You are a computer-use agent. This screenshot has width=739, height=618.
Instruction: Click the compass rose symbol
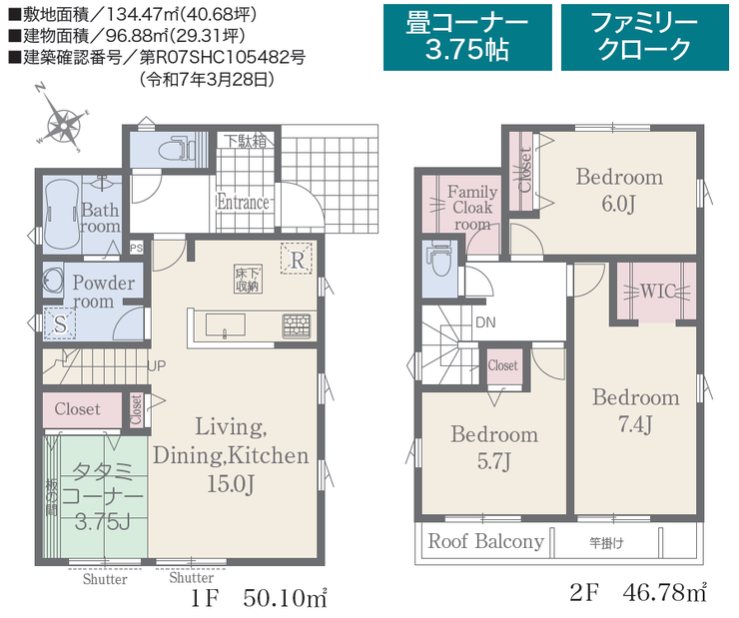[x=62, y=125]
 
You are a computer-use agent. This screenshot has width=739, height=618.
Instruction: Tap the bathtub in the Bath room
[x=61, y=215]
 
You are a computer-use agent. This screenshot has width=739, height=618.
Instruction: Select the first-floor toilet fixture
[x=176, y=150]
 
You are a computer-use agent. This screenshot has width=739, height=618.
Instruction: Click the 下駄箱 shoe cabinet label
[x=245, y=140]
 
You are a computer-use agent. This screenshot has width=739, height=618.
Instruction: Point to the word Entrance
[x=244, y=202]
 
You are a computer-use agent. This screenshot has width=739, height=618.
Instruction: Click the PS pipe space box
[x=137, y=248]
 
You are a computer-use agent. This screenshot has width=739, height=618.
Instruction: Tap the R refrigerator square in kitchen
[x=297, y=259]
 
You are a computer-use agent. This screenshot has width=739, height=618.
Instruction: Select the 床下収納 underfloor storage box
[x=248, y=279]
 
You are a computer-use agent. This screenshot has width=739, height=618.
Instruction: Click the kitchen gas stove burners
[x=296, y=325]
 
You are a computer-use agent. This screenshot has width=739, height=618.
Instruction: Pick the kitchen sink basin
[x=226, y=325]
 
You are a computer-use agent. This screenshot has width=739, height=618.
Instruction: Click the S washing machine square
[x=60, y=323]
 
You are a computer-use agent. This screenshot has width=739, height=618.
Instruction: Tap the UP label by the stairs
[x=157, y=365]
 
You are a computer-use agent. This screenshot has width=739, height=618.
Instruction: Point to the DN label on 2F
[x=485, y=322]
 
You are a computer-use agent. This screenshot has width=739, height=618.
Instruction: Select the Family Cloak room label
[x=472, y=208]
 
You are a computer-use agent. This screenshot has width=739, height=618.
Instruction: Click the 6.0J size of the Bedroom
[x=619, y=204]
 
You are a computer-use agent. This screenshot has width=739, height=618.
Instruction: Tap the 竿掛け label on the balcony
[x=606, y=543]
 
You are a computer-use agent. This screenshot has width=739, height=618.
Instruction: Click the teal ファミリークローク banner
[x=645, y=37]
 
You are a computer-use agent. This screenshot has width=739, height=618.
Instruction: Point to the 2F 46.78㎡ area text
[x=638, y=592]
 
